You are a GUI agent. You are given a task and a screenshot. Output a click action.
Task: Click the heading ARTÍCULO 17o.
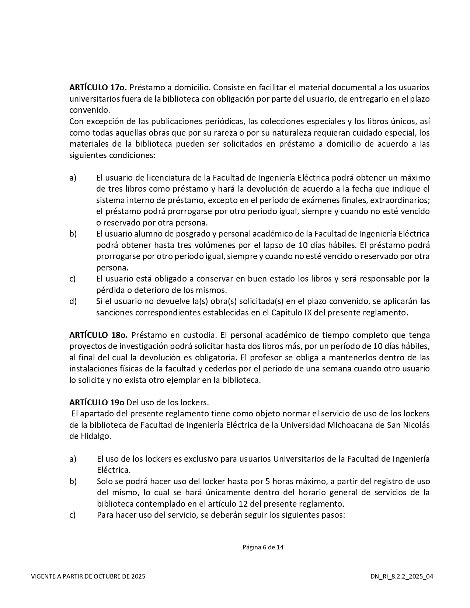[x=98, y=88]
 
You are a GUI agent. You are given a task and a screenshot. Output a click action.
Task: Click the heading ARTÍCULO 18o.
[x=98, y=335]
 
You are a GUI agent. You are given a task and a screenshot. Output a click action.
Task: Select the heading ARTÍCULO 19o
[x=97, y=402]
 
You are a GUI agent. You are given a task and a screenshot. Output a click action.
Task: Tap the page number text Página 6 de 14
[x=263, y=547]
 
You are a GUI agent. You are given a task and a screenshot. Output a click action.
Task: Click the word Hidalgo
[x=95, y=436]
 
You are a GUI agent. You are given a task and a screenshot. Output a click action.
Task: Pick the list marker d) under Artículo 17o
[x=73, y=301]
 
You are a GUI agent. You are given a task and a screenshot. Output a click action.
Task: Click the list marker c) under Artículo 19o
[x=73, y=515]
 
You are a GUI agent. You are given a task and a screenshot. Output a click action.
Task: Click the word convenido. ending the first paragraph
[x=90, y=110]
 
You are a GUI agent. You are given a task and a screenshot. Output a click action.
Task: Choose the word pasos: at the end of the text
[x=334, y=515]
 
